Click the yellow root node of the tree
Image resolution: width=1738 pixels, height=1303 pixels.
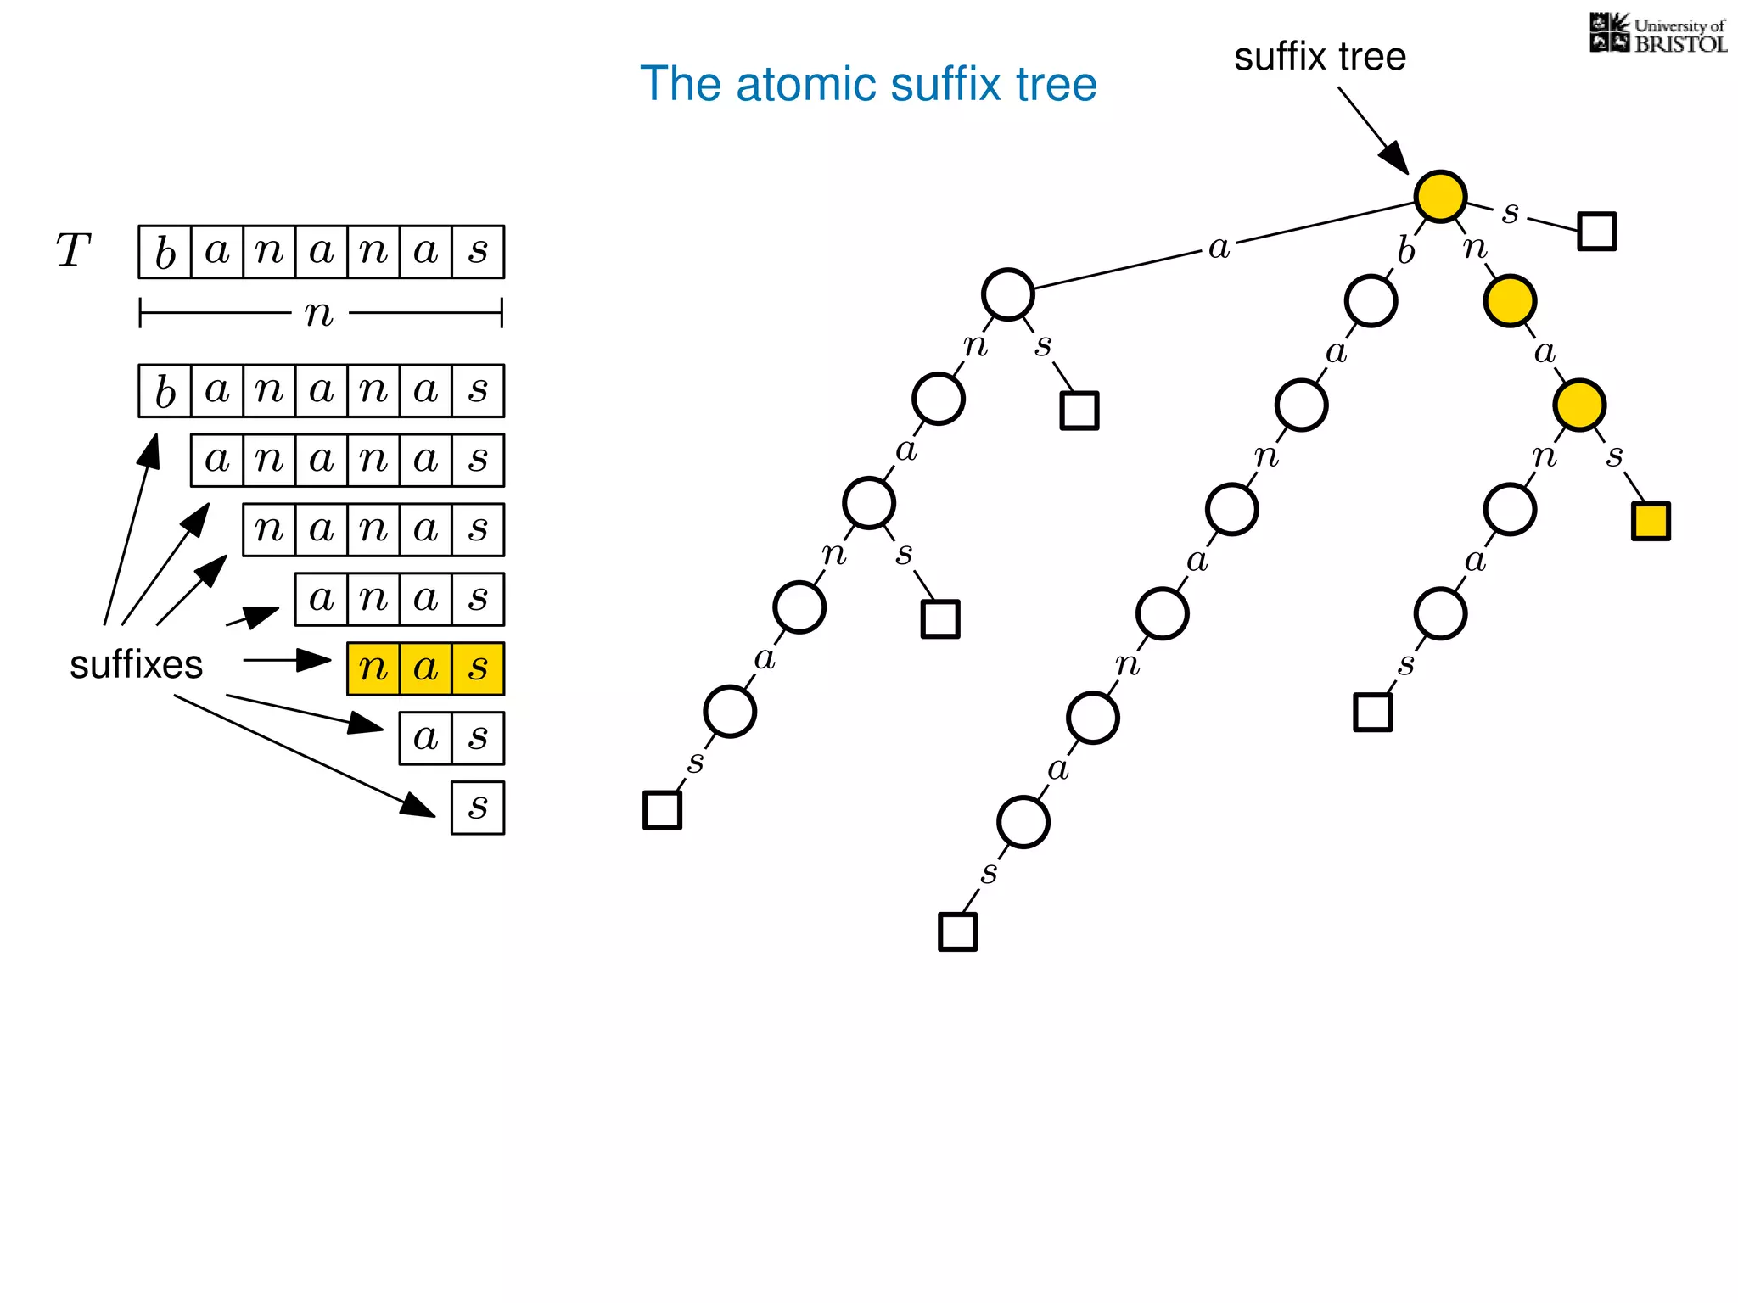point(1440,196)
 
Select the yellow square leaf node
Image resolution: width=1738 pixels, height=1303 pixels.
point(1651,521)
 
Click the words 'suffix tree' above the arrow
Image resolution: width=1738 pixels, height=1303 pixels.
point(1320,57)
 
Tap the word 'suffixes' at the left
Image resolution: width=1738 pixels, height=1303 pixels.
point(136,664)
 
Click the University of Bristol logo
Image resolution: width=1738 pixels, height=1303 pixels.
point(1658,34)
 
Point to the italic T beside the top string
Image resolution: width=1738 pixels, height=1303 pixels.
point(73,251)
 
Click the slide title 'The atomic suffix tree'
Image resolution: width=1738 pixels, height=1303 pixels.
point(868,84)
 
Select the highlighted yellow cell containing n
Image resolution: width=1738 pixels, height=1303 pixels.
point(373,668)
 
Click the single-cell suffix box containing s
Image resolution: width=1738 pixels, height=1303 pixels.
point(478,808)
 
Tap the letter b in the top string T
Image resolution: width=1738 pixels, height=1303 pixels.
point(165,252)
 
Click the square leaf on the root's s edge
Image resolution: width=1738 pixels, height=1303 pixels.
point(1596,231)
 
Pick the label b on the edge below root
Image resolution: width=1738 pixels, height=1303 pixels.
point(1406,250)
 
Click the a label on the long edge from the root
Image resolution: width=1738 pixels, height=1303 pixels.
point(1219,248)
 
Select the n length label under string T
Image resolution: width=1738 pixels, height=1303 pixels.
point(319,314)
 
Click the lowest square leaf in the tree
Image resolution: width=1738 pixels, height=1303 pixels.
point(957,931)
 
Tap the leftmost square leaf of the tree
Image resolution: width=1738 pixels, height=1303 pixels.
point(662,809)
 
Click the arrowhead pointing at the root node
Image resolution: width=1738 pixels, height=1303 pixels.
point(1393,158)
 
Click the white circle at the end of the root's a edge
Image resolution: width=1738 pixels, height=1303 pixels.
point(1007,294)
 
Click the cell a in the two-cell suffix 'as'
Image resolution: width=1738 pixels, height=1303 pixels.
point(425,738)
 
